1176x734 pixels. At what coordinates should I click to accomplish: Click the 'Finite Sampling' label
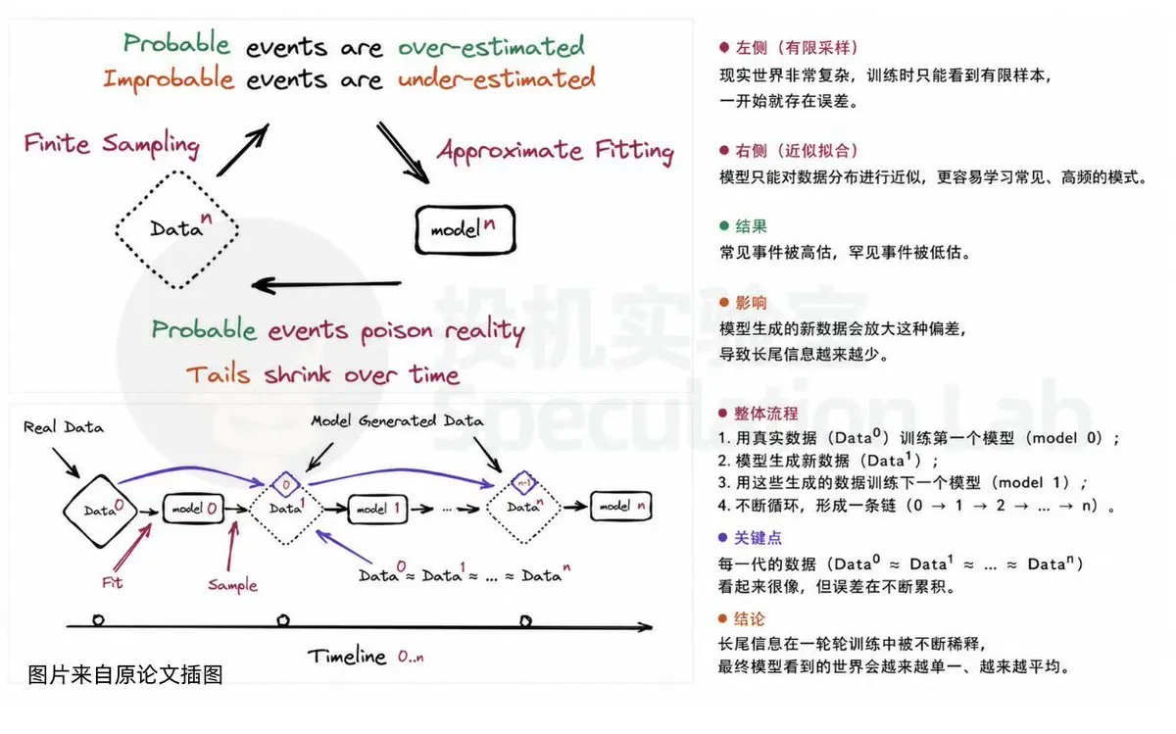coord(112,144)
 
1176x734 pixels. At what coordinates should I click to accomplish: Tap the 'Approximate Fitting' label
coord(556,151)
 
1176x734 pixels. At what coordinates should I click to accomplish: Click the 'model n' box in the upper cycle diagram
coord(465,230)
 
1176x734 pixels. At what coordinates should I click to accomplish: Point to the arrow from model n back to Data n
coord(326,285)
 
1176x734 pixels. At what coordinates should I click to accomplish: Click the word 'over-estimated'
coord(491,46)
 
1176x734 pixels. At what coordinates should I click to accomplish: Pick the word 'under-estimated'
coord(497,78)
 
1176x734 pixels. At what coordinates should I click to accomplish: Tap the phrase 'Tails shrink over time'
coord(322,373)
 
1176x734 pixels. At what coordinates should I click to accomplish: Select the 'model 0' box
coord(193,509)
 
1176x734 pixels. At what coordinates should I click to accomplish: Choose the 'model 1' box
coord(377,509)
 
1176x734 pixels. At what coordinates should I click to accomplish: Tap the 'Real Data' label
coord(64,427)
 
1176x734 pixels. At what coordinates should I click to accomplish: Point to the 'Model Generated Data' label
coord(397,420)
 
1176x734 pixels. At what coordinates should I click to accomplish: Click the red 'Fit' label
coord(113,582)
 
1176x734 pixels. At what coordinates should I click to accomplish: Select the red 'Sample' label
coord(232,584)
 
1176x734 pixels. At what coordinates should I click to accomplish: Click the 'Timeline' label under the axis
coord(347,657)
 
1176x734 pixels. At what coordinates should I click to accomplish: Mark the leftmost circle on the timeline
coord(98,620)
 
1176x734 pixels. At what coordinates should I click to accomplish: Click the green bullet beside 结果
coord(724,225)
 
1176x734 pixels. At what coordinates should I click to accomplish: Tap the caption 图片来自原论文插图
coord(125,674)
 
